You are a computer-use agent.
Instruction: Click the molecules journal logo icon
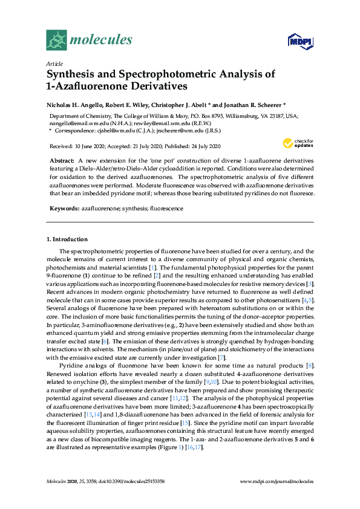coord(56,40)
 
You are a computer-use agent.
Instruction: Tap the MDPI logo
coord(299,41)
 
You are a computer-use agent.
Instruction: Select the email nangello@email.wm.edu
coord(74,122)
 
